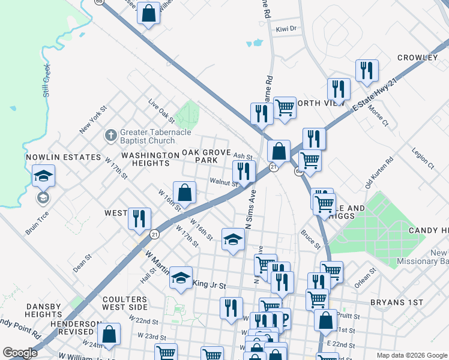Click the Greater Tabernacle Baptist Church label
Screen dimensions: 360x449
(x=147, y=136)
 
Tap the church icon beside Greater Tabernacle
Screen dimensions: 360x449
(x=110, y=136)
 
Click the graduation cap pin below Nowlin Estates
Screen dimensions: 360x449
(x=43, y=176)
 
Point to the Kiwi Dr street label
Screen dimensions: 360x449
(x=286, y=29)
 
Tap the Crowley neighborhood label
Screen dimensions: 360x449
(x=417, y=58)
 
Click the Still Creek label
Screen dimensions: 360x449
(x=47, y=81)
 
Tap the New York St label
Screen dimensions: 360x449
(x=93, y=119)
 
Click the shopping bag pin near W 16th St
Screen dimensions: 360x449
(x=185, y=193)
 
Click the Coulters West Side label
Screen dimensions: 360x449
(x=125, y=303)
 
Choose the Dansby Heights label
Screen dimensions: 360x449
(x=44, y=310)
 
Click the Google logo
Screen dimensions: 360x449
(x=20, y=353)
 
